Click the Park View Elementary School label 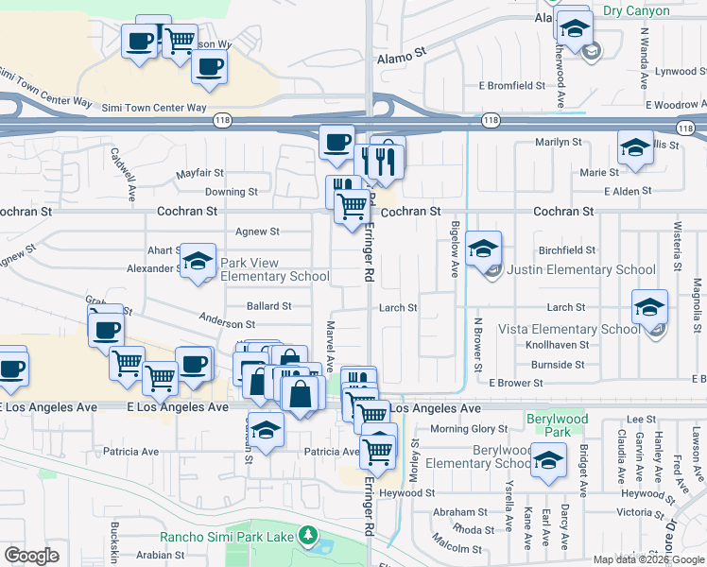pos(274,269)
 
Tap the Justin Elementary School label pos(581,269)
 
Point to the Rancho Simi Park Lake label pos(227,537)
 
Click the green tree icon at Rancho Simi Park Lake pos(306,537)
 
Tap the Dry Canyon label pos(636,11)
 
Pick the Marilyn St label pos(558,142)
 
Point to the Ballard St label pos(268,306)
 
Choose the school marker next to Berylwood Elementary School pos(547,460)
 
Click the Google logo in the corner pos(31,555)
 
